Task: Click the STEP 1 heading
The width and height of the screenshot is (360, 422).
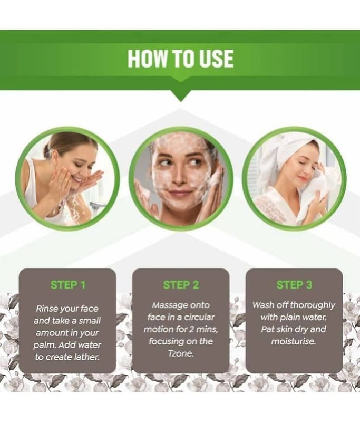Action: click(68, 285)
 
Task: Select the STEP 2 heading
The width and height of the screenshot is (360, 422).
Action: click(181, 285)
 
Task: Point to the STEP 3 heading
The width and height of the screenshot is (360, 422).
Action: click(295, 285)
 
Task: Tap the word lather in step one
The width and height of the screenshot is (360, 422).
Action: click(87, 357)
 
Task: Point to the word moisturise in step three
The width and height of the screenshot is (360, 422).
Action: click(293, 341)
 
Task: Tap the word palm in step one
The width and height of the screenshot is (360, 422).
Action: click(42, 346)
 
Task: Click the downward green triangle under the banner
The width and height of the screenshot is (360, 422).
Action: click(181, 95)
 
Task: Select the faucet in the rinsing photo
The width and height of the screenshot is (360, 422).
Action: click(97, 206)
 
